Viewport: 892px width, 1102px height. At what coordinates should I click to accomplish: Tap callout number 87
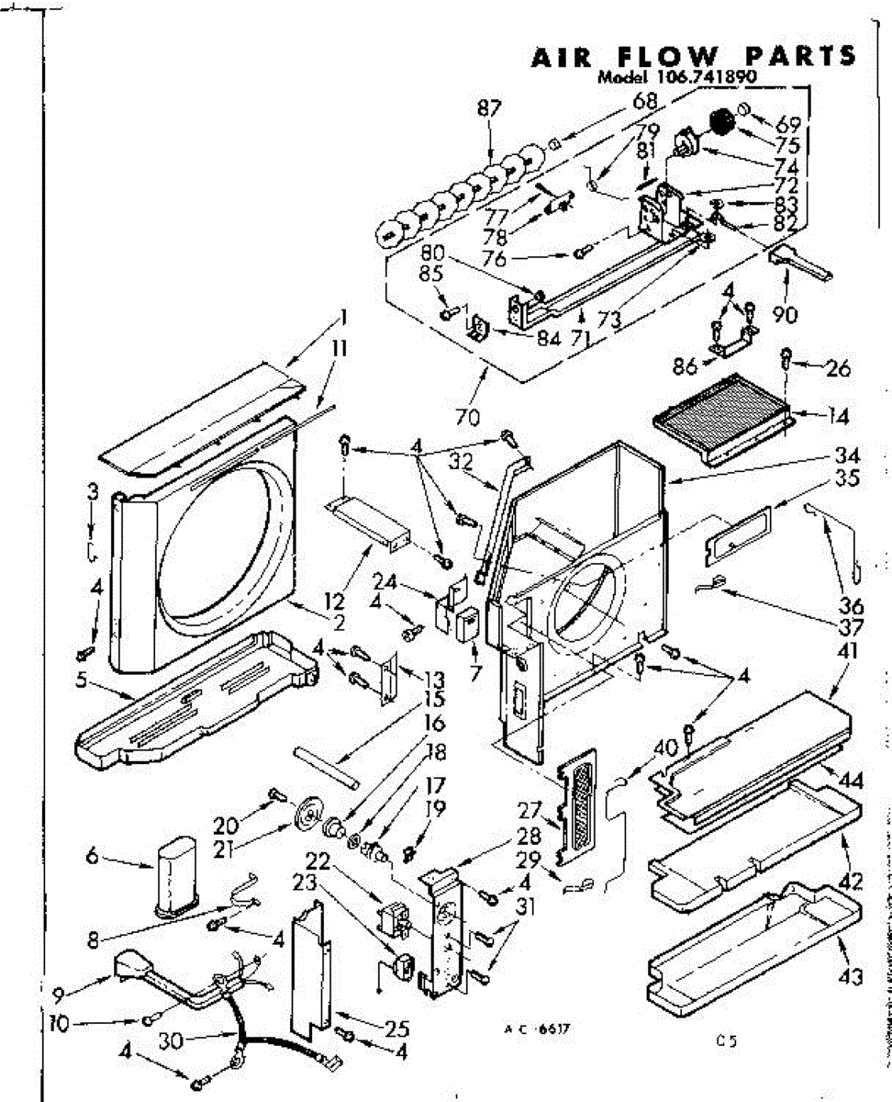(490, 107)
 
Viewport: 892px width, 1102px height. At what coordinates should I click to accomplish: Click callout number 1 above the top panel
(342, 319)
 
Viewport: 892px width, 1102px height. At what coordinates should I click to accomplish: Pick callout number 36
(852, 607)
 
